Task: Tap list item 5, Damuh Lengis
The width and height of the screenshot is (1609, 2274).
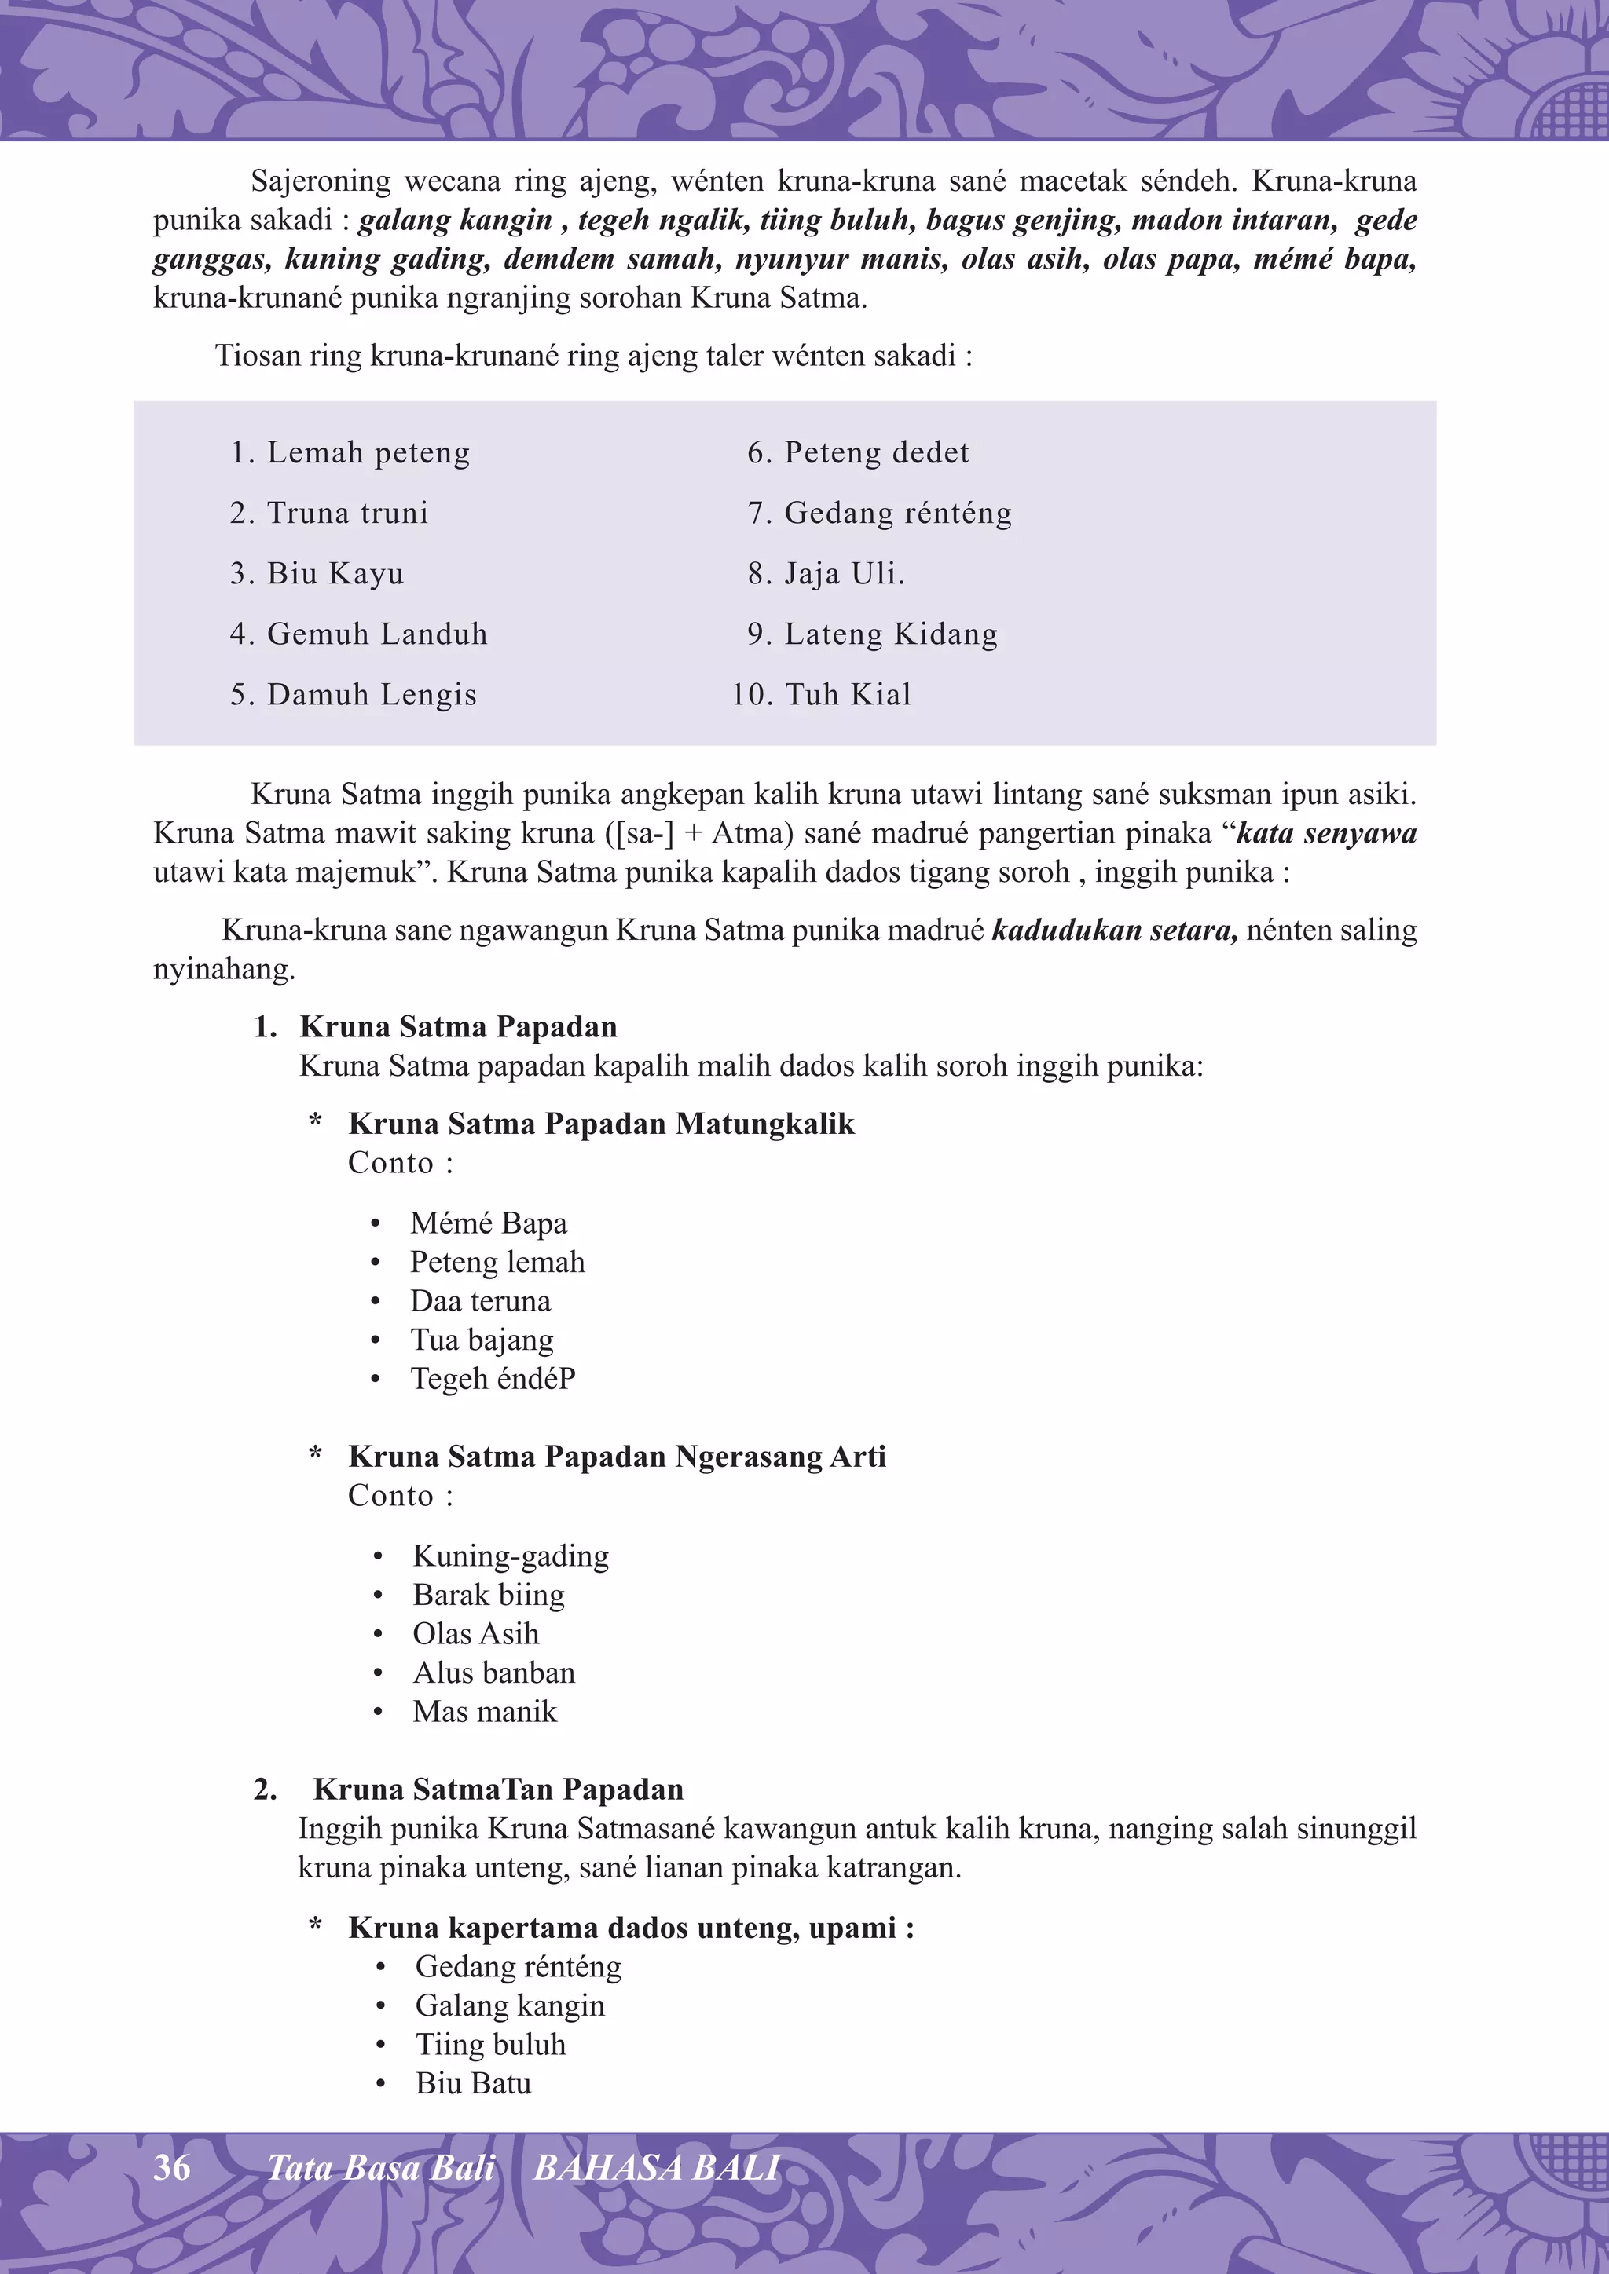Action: click(x=354, y=694)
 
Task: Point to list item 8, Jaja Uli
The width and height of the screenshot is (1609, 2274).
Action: click(x=826, y=573)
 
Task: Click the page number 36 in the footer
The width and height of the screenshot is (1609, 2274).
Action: click(x=171, y=2167)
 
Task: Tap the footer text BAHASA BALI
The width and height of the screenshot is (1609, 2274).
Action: click(x=657, y=2168)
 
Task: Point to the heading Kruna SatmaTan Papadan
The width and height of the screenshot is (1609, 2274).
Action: click(x=497, y=1789)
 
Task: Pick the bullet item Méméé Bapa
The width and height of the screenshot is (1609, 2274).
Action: click(x=489, y=1223)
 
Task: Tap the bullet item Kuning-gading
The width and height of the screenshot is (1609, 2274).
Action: click(x=510, y=1556)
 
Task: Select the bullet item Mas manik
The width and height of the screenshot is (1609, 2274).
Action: click(x=485, y=1712)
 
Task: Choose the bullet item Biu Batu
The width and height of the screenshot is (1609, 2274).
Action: click(x=473, y=2083)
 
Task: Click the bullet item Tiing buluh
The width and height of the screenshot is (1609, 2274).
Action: click(x=490, y=2044)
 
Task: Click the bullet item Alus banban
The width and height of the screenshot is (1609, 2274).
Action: click(x=493, y=1673)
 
